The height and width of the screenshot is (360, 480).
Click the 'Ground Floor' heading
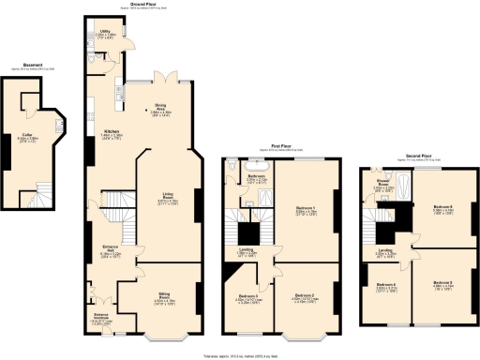click(130, 5)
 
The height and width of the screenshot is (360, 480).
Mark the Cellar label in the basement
click(29, 136)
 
